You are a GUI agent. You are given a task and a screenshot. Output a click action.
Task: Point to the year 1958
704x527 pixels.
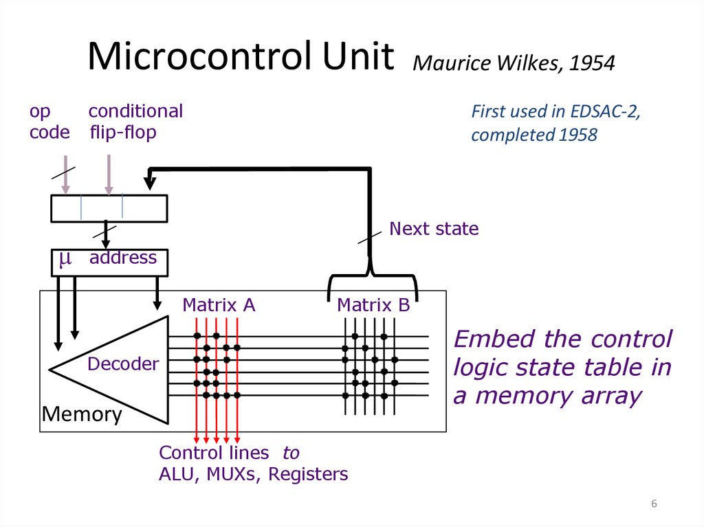point(577,135)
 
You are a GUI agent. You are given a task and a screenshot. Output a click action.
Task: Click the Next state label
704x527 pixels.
point(434,229)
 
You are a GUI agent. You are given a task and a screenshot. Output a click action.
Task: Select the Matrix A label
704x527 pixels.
point(219,305)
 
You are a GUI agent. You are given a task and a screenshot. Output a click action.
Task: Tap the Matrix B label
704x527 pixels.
point(373,305)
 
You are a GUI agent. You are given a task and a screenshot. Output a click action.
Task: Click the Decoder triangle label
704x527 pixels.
point(123,363)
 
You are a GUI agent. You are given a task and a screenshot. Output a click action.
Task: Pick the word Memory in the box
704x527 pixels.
point(82,414)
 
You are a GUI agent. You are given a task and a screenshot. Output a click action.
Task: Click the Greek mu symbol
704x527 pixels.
point(65,258)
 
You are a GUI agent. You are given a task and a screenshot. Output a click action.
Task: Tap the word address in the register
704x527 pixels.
point(123,258)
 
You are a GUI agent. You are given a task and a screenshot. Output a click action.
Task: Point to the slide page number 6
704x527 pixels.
point(654,505)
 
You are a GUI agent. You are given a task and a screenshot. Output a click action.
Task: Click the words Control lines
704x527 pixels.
point(214,453)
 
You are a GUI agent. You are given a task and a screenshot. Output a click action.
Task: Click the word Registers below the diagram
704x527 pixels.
point(308,474)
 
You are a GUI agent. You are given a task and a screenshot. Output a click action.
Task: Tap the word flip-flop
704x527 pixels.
point(123,132)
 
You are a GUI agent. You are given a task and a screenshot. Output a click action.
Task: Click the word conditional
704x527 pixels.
point(135,111)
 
